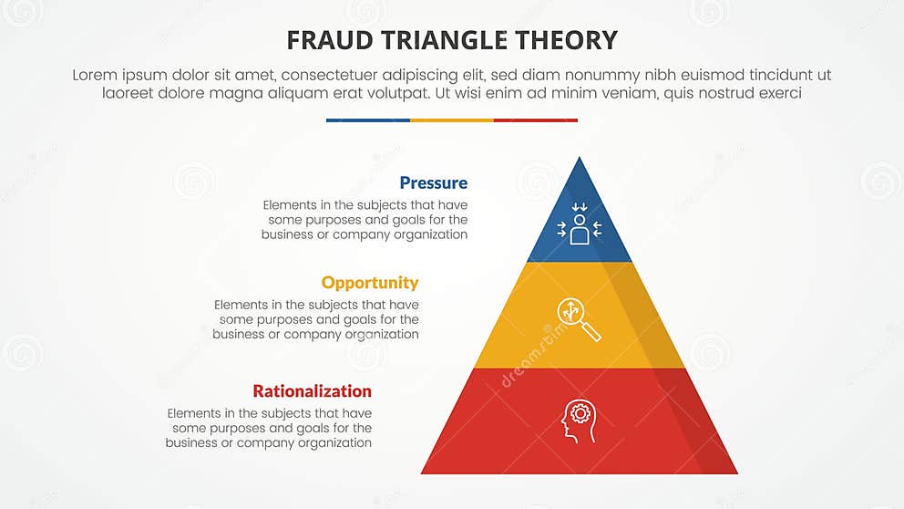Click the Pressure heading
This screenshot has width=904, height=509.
433,182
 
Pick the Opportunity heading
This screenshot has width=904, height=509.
370,282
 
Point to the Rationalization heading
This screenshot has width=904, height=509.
312,390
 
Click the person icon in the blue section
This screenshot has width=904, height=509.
580,227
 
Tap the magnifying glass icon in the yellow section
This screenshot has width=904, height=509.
579,318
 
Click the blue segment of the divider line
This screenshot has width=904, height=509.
367,119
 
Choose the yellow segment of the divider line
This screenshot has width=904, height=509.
452,119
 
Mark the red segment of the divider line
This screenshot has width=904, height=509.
536,119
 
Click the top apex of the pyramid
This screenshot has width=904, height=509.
580,159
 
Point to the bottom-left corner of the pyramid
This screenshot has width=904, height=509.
423,473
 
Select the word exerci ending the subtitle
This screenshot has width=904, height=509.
778,93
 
